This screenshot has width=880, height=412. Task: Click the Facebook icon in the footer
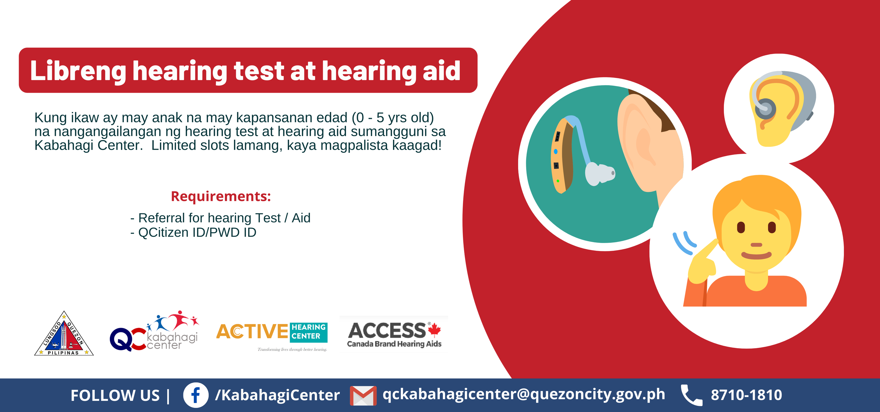pos(196,395)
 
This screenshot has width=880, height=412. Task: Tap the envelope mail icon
pos(363,396)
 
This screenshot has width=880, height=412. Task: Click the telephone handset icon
pos(691,395)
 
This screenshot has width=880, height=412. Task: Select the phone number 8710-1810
pos(747,395)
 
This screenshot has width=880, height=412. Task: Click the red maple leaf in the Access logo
pos(434,330)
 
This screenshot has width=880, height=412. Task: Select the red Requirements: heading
pos(221,196)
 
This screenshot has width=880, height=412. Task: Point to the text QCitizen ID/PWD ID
pos(197,232)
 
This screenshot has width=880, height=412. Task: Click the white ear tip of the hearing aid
pos(600,174)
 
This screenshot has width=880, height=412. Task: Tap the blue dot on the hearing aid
pos(556,152)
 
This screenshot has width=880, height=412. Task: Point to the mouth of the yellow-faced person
pos(756,255)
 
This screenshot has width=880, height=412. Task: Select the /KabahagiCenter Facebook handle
pos(277,395)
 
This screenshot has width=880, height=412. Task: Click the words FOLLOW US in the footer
pos(115,395)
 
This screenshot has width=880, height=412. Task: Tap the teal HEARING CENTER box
pos(309,332)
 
